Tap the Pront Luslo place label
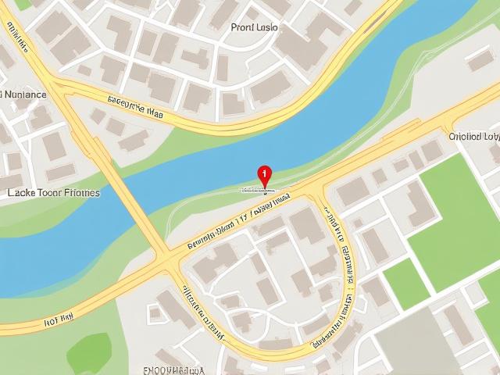255,27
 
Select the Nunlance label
23,95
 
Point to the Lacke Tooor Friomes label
53,192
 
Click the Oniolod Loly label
473,136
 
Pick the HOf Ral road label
59,318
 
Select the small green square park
405,283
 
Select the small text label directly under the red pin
258,190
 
